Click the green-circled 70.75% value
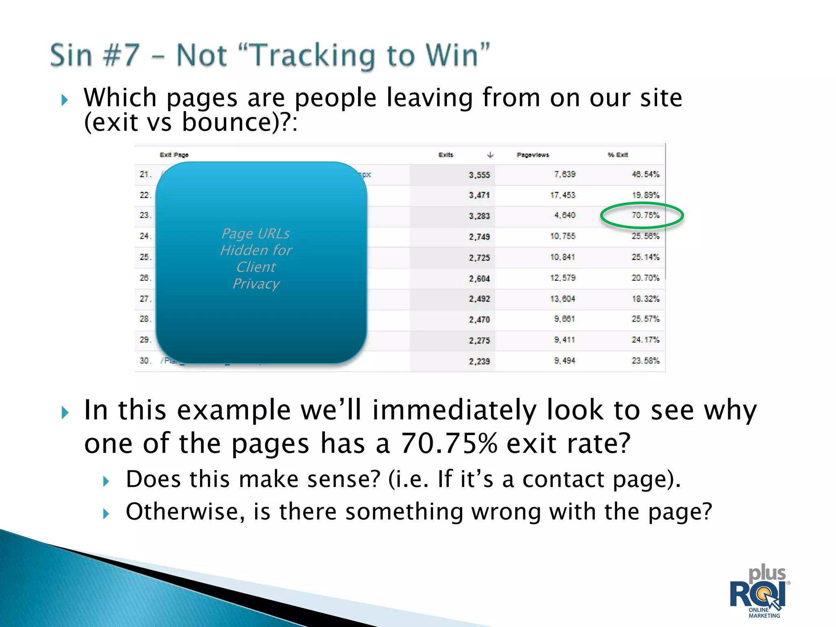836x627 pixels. (x=645, y=215)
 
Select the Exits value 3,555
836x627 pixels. (x=479, y=175)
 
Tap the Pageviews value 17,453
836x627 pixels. (x=563, y=195)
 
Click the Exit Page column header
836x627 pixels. (x=174, y=155)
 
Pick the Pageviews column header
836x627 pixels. (x=533, y=155)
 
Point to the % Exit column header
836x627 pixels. (x=618, y=155)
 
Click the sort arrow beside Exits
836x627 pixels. (x=490, y=155)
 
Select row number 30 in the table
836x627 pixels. (x=145, y=361)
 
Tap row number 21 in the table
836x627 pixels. (x=145, y=174)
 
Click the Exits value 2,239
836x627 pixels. (x=479, y=361)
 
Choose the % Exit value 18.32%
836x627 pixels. (x=645, y=299)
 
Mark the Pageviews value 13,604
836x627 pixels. (x=563, y=299)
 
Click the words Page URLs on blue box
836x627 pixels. (x=256, y=233)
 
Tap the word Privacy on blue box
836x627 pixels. (x=256, y=284)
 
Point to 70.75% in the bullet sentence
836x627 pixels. (x=449, y=444)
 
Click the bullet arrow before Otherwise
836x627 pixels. (x=106, y=514)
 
